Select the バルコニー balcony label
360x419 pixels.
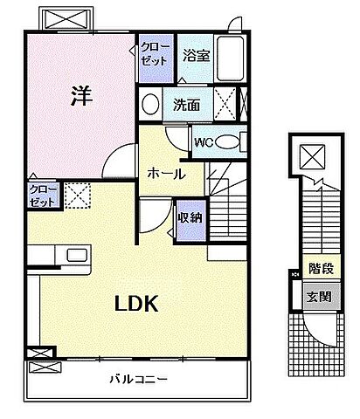click(139, 378)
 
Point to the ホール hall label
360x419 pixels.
click(165, 174)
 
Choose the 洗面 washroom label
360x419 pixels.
click(185, 106)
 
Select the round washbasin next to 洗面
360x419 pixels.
click(150, 106)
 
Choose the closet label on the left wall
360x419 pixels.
click(42, 195)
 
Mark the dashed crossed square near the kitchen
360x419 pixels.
click(77, 195)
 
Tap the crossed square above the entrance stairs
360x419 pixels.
click(312, 157)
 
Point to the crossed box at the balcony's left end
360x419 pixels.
click(39, 354)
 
